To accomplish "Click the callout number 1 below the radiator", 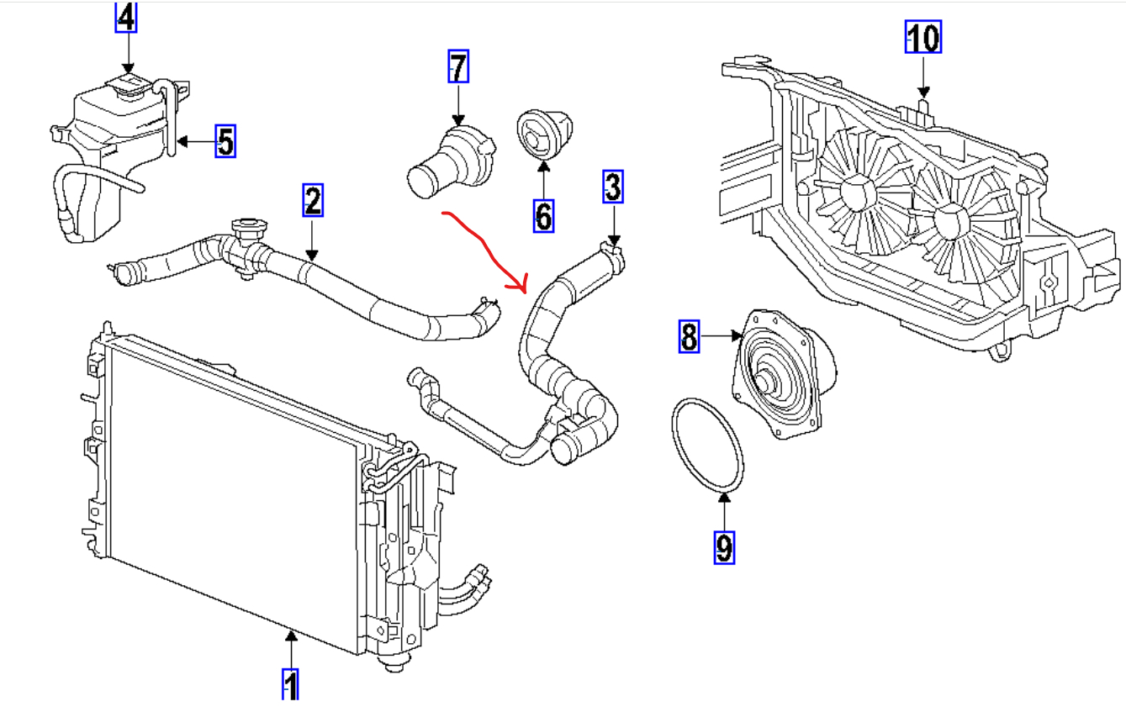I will click(x=290, y=684).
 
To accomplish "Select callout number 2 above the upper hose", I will click(x=312, y=201).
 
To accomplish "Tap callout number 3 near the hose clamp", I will click(x=613, y=187).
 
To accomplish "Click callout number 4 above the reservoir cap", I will click(x=125, y=18).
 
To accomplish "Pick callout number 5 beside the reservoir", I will click(x=225, y=141).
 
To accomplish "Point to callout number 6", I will click(x=543, y=216).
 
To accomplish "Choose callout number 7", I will click(x=457, y=67).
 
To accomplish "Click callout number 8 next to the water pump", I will click(x=689, y=337).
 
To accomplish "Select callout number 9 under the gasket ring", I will click(x=724, y=547).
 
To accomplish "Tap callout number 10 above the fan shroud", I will click(x=922, y=37).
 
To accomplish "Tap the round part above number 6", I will click(x=541, y=134).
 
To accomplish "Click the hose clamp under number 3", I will click(x=613, y=253).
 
